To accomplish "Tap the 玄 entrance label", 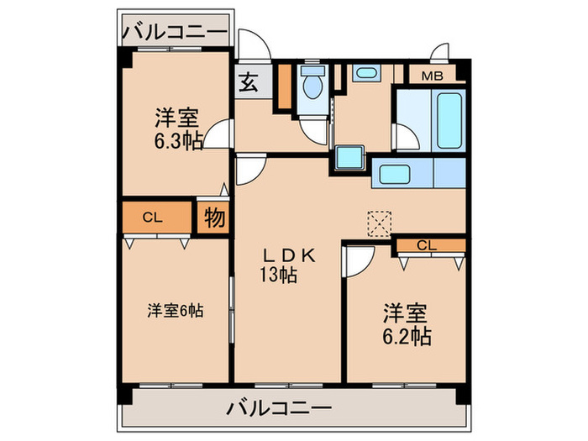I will (249, 83).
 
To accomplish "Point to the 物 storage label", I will (213, 218).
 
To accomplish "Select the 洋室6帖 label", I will (175, 311).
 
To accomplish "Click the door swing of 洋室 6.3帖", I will (220, 134).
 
